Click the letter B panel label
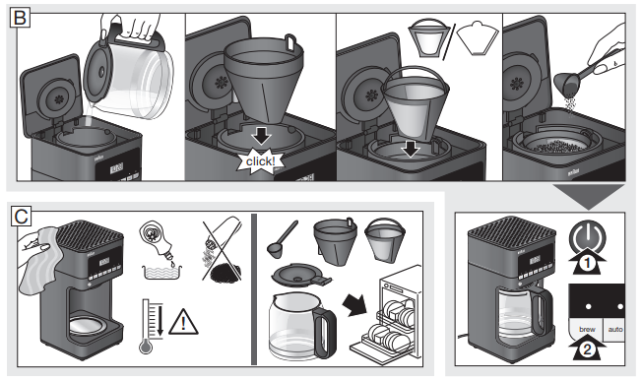click(15, 15)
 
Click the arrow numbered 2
click(586, 347)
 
